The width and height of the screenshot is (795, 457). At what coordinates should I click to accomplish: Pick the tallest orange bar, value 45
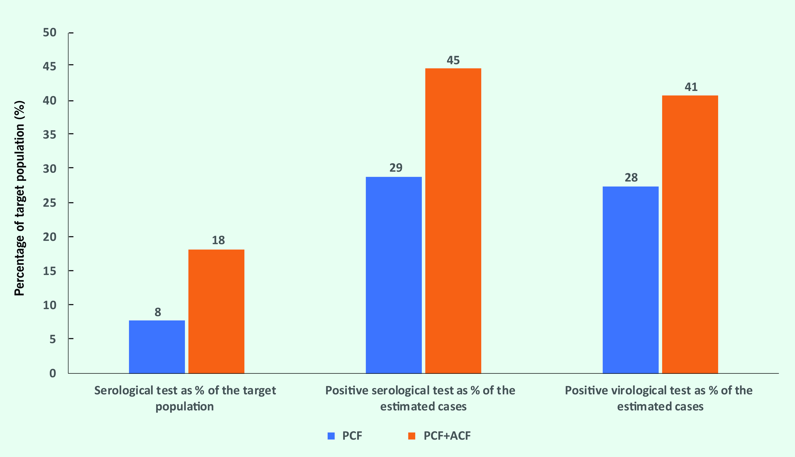tap(453, 221)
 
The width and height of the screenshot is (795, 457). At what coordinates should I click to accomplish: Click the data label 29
tap(396, 168)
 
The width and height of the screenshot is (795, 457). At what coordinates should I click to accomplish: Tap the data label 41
tap(691, 87)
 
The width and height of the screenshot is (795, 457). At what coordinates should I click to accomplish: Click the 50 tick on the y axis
tap(50, 32)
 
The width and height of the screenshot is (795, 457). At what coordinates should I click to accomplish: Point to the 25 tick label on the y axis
tap(50, 203)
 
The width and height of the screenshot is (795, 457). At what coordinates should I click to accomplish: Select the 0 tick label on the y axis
tap(53, 373)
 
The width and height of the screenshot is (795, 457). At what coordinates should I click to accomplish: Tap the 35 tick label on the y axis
tap(50, 135)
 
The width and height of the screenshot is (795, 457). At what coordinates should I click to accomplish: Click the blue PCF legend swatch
tap(331, 436)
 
